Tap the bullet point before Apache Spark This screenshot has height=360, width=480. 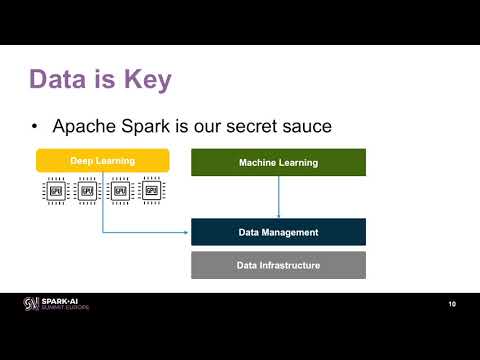(x=35, y=127)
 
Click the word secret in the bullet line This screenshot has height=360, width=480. (x=243, y=127)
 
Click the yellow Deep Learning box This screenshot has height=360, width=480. (x=102, y=160)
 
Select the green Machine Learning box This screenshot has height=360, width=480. (x=278, y=162)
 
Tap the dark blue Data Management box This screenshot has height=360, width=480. (x=278, y=232)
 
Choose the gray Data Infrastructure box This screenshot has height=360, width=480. (x=278, y=265)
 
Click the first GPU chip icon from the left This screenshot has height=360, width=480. (x=55, y=190)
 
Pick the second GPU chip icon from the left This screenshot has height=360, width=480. (x=87, y=190)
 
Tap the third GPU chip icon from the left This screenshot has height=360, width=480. (x=120, y=190)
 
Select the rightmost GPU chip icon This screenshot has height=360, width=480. (x=152, y=190)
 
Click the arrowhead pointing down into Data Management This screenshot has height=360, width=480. (x=278, y=214)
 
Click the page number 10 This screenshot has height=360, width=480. (x=453, y=304)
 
